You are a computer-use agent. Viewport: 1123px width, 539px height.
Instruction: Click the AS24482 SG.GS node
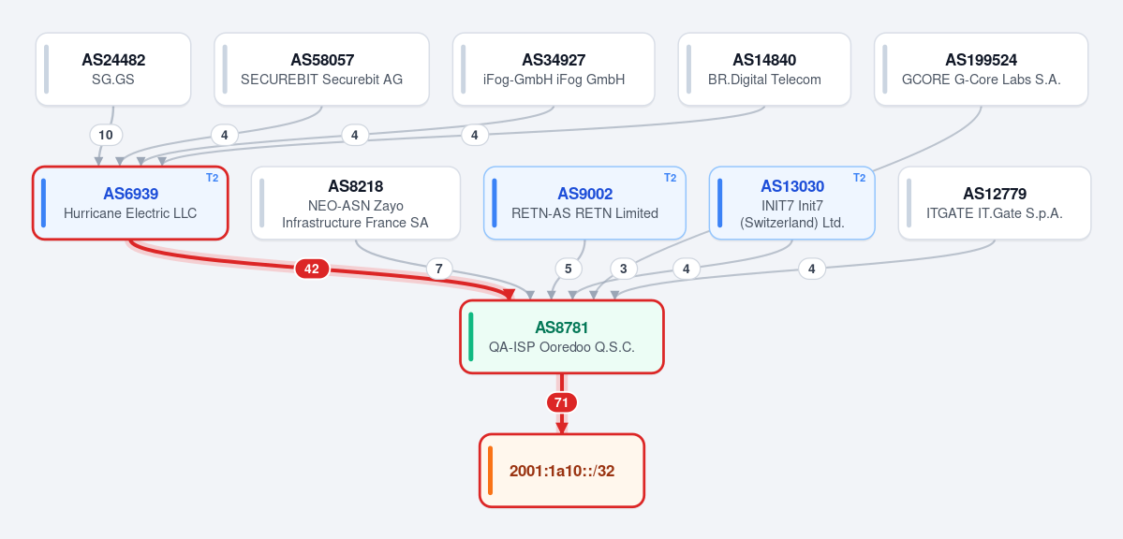click(x=113, y=69)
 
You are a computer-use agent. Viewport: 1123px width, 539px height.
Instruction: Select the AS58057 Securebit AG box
click(x=321, y=69)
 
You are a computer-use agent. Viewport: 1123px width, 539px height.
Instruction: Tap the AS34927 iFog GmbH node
click(x=554, y=69)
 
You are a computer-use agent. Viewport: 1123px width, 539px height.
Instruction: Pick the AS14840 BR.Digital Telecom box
click(x=764, y=69)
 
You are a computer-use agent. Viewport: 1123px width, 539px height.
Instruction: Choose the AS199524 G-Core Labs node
click(x=982, y=69)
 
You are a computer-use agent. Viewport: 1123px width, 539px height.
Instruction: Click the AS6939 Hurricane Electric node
click(x=130, y=203)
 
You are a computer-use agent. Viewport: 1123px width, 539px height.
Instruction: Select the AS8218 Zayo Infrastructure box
click(x=355, y=203)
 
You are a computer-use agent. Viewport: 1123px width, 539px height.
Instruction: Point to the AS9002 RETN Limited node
click(x=584, y=203)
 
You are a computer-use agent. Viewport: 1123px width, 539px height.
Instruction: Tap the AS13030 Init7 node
click(x=791, y=203)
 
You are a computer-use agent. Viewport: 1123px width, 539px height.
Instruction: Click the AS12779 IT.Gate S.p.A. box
click(x=994, y=203)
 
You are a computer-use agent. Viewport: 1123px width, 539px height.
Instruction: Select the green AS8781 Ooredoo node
click(x=562, y=337)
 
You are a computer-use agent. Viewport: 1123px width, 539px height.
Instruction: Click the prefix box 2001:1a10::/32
click(x=562, y=471)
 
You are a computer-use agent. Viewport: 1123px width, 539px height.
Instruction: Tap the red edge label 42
click(x=312, y=269)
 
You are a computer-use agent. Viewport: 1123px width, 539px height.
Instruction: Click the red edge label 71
click(x=562, y=403)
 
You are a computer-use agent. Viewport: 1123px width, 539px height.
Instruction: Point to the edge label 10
click(x=106, y=135)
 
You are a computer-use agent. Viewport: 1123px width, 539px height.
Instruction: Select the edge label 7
click(x=439, y=269)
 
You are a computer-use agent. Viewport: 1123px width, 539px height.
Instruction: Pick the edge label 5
click(x=569, y=269)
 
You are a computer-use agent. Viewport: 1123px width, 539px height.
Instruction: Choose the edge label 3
click(x=623, y=269)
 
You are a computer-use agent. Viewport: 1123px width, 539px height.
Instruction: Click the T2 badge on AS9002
click(x=670, y=178)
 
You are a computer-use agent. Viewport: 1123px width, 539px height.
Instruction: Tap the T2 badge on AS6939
click(x=212, y=178)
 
